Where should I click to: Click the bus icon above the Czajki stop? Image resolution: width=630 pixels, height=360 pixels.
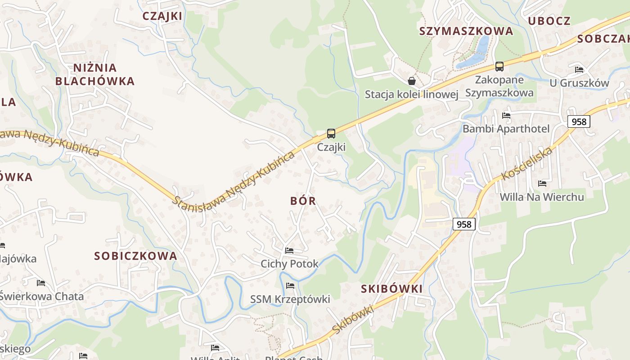[x=331, y=133]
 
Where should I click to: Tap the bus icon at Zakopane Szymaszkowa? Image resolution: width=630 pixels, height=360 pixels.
[x=499, y=67]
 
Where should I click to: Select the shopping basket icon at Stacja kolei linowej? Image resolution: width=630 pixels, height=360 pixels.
[x=411, y=81]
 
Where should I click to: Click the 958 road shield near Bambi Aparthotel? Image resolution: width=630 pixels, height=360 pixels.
[x=578, y=121]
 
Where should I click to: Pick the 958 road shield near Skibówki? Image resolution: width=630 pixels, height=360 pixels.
[x=464, y=224]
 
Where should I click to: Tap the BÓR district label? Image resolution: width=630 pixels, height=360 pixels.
[x=303, y=201]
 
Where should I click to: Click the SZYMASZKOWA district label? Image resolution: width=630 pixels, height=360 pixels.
[x=466, y=31]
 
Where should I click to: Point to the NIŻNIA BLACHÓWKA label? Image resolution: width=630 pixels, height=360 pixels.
[x=94, y=74]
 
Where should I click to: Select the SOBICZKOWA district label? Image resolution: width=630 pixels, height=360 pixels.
[x=135, y=256]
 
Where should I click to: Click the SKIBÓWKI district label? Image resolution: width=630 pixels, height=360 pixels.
[x=392, y=289]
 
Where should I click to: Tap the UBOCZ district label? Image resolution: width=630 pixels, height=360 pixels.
[x=549, y=21]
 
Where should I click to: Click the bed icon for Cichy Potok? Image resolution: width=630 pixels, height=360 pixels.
[x=289, y=251]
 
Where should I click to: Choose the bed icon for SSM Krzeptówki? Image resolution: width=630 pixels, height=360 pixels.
[x=290, y=285]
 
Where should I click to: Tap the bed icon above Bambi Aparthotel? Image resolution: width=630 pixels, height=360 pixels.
[x=506, y=115]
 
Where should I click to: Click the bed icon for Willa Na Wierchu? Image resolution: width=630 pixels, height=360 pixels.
[x=542, y=184]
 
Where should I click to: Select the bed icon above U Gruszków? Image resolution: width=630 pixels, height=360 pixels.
[x=579, y=70]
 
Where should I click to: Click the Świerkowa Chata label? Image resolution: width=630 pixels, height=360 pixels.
[x=42, y=297]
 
